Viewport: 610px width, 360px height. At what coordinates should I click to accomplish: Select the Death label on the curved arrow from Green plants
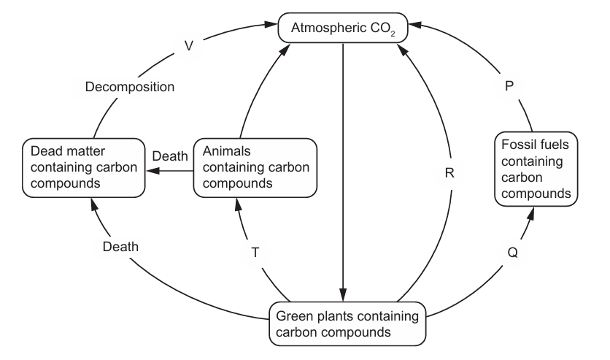tap(120, 246)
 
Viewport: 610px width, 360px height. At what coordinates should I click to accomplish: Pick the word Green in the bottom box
tap(293, 315)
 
